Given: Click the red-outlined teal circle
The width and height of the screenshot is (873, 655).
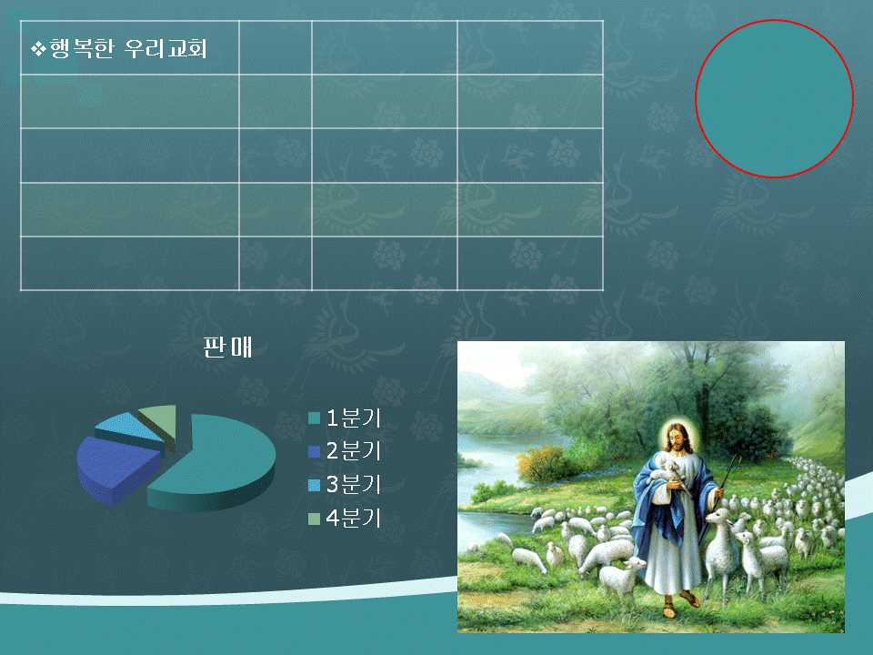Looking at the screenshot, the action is (775, 99).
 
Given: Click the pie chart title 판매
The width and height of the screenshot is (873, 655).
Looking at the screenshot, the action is (227, 347).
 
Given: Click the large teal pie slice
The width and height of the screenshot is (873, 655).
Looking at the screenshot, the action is (223, 462).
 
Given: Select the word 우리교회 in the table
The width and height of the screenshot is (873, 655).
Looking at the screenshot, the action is (166, 49).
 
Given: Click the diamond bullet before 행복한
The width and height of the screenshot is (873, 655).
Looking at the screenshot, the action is (38, 49).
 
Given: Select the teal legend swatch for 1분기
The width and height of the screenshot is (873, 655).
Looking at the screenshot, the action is (314, 418).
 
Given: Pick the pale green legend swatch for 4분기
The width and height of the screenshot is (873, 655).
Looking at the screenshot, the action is (314, 519).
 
